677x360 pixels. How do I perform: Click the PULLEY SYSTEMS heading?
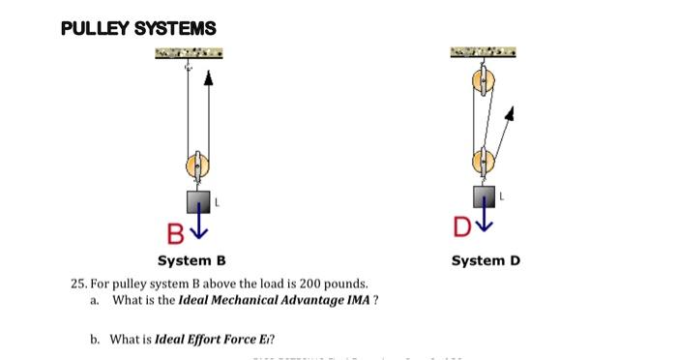coord(138,29)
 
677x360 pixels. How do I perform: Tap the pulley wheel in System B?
coord(196,167)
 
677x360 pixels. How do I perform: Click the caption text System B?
coord(191,260)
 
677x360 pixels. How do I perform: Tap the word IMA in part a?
coord(357,300)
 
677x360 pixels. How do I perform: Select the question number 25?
coord(78,285)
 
